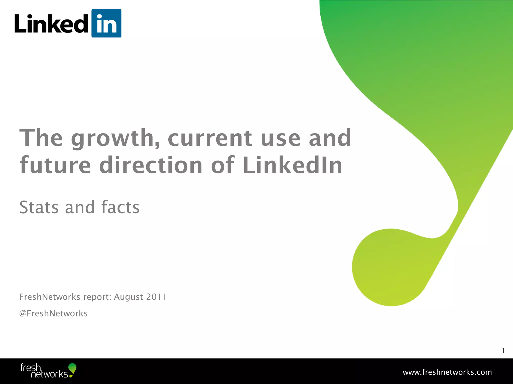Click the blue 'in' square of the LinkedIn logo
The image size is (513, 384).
click(x=106, y=23)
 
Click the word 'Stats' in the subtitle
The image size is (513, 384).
click(x=39, y=207)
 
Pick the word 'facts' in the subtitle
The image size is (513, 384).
click(x=120, y=207)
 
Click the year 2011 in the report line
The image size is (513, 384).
click(x=156, y=297)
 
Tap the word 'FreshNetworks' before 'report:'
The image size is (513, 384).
click(x=50, y=297)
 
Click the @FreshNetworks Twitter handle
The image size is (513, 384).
click(x=53, y=313)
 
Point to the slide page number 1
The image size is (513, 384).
click(x=503, y=350)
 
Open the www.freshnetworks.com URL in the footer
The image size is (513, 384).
click(x=447, y=372)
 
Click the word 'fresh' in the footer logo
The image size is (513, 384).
click(x=31, y=367)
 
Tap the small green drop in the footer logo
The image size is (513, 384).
click(x=72, y=368)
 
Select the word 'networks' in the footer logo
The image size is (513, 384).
click(x=49, y=374)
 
